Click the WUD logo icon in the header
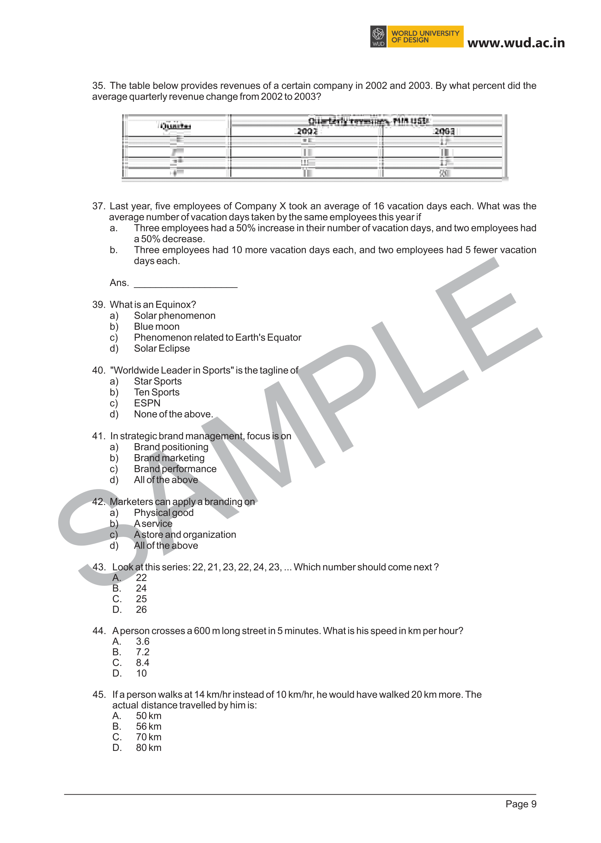point(378,36)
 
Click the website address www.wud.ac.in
point(516,43)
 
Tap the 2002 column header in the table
point(307,131)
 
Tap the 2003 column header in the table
point(444,131)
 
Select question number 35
point(98,86)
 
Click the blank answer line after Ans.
point(186,284)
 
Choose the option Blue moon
point(157,326)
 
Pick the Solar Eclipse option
point(162,348)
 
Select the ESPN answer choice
point(147,403)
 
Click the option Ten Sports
point(157,392)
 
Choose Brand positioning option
point(171,447)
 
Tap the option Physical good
point(164,513)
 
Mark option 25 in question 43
point(141,599)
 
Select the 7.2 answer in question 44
point(142,652)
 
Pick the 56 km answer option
point(148,727)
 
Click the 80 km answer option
point(148,747)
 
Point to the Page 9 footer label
point(521,804)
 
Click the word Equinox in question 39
point(175,305)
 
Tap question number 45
point(98,694)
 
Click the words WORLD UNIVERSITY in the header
point(425,33)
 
